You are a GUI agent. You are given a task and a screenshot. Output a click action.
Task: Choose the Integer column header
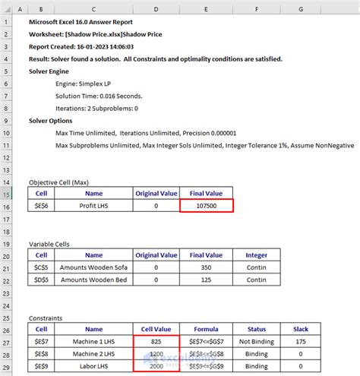pos(257,256)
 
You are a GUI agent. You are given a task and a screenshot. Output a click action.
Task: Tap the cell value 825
pos(156,342)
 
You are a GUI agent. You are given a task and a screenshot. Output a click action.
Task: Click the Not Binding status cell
pos(257,342)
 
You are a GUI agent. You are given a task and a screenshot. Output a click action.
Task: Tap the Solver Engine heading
pos(51,71)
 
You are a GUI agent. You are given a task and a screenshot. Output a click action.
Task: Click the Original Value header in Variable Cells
pos(156,256)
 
